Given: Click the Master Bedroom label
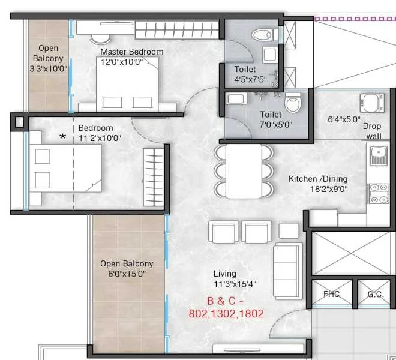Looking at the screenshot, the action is click(132, 52).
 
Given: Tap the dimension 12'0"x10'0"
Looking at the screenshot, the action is click(122, 62).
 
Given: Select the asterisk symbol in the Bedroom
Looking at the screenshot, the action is click(62, 137).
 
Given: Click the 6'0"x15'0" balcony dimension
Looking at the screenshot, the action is click(127, 274).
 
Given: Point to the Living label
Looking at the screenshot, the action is click(225, 274).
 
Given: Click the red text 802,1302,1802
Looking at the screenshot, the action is click(226, 314).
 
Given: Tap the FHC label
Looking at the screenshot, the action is click(332, 294).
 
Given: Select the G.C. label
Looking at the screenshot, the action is click(376, 295).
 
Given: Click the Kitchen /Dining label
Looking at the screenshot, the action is click(318, 179).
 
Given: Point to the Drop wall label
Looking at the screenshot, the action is click(372, 131).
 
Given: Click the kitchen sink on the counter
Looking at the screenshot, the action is click(379, 156).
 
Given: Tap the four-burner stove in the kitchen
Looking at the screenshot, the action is click(379, 194).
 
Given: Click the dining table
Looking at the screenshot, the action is click(244, 171).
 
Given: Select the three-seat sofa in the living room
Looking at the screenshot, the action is click(288, 271).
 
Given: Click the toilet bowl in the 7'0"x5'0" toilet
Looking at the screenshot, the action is click(293, 102).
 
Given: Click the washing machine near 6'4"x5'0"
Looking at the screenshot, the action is click(372, 103).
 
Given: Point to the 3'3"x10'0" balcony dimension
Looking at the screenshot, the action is click(49, 69).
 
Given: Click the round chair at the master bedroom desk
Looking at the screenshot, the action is click(100, 40).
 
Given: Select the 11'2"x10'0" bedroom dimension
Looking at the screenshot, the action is click(100, 138).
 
